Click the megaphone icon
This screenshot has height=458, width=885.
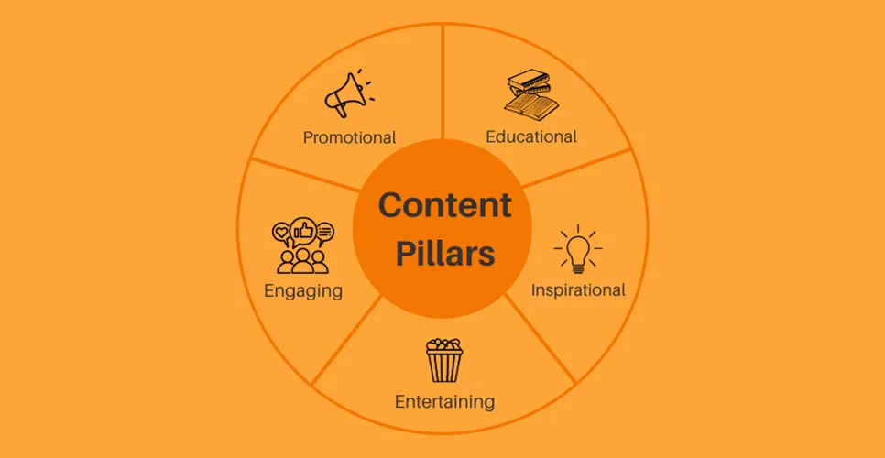tap(349, 93)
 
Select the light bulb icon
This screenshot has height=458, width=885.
tap(577, 249)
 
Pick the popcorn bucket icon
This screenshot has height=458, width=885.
tap(443, 360)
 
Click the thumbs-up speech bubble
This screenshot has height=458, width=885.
tap(303, 230)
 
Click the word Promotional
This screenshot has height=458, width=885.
tap(349, 137)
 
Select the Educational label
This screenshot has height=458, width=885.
tap(531, 136)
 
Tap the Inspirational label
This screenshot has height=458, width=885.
tap(578, 290)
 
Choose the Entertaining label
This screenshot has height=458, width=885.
tap(444, 401)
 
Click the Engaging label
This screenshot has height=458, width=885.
tap(303, 291)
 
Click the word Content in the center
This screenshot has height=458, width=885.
tap(444, 205)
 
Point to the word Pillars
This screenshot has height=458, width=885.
tap(444, 254)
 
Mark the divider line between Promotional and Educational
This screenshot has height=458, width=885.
tap(443, 82)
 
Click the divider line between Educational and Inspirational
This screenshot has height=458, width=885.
tap(577, 168)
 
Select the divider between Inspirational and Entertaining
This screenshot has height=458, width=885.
tap(540, 338)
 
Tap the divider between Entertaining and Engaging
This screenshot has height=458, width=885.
tap(347, 340)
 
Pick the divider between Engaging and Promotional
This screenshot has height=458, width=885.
tap(306, 174)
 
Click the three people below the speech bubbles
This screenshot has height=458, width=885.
tap(302, 260)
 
